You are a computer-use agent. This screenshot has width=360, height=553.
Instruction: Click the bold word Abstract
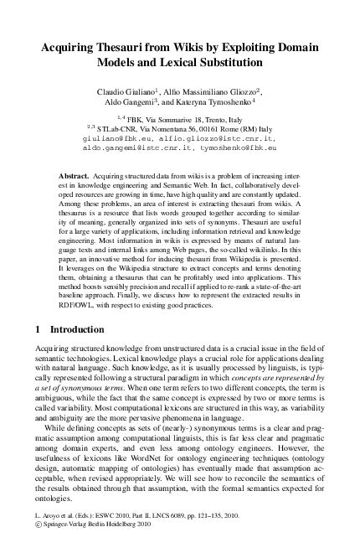click(72, 177)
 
